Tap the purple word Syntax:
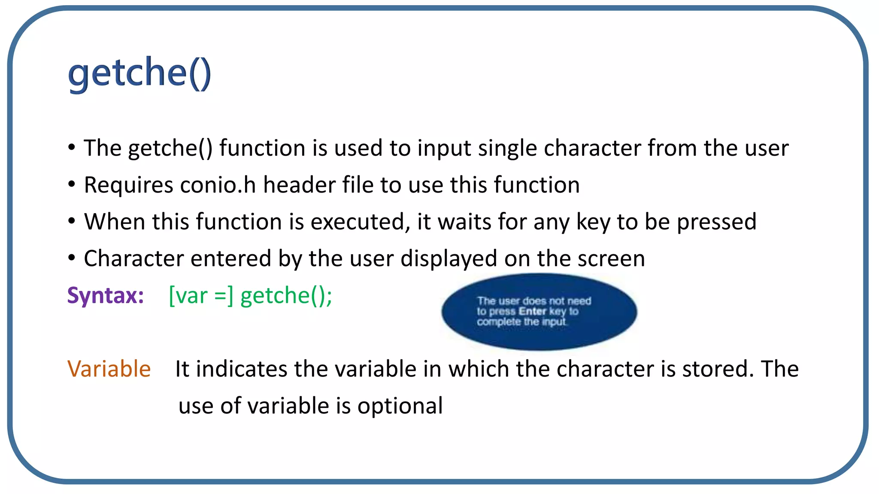coord(106,295)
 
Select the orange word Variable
coord(109,369)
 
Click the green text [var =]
coord(201,295)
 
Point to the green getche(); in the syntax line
coord(286,295)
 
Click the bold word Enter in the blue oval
coord(532,311)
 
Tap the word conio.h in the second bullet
coord(218,185)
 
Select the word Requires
coord(128,185)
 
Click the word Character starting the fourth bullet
coord(134,259)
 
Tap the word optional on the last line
coord(400,406)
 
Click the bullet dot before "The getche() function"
coord(72,148)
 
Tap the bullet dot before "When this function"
coord(72,221)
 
